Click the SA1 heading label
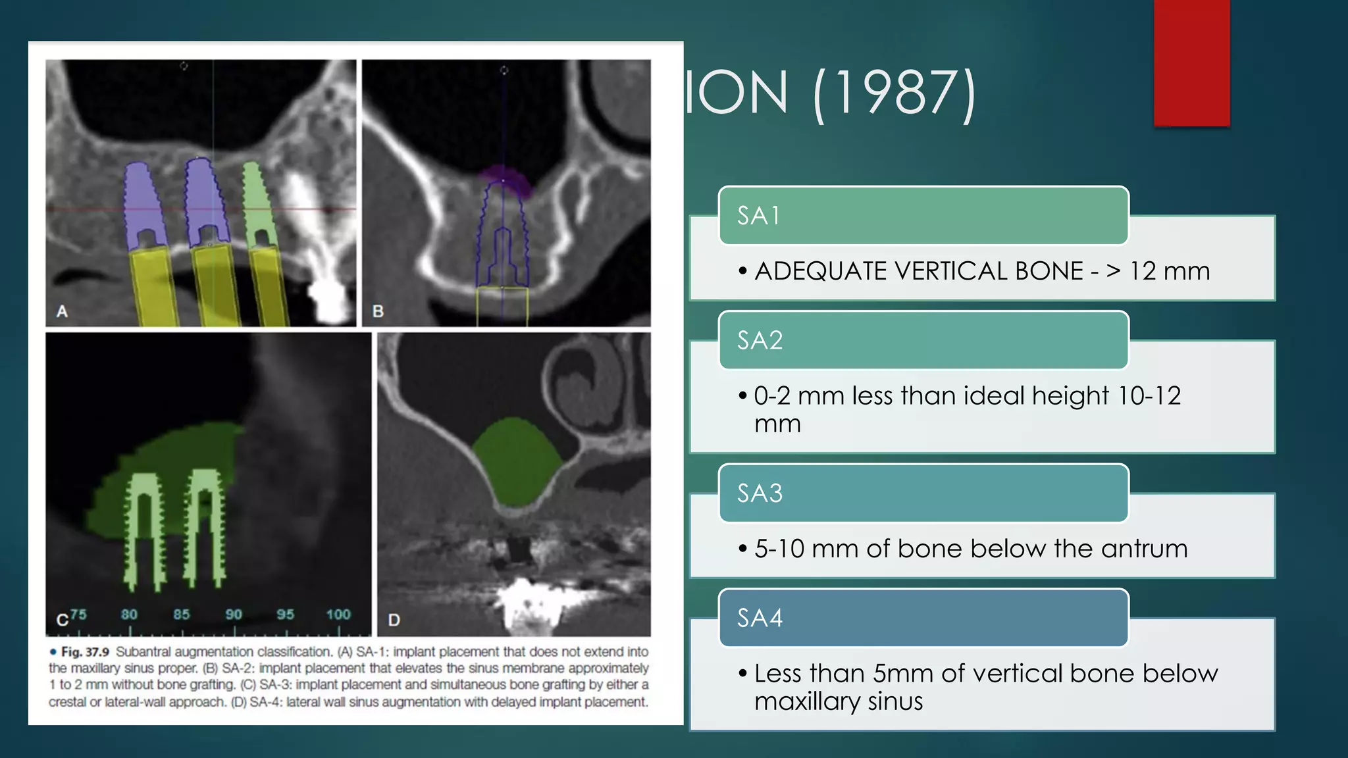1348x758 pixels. pos(758,216)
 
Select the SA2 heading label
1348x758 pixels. pos(760,340)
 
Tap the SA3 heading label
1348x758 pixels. pos(760,493)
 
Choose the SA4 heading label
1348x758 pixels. pos(760,618)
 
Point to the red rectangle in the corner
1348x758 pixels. pos(1191,63)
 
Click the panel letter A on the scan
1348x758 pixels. pos(63,311)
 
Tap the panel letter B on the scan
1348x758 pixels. pos(378,311)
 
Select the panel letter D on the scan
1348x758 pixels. pos(394,620)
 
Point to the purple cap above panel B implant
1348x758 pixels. pos(504,180)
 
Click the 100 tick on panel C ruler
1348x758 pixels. pos(338,615)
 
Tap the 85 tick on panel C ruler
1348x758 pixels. pos(182,615)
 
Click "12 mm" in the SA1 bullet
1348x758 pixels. pos(1170,271)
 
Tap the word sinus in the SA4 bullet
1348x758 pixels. pos(895,701)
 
